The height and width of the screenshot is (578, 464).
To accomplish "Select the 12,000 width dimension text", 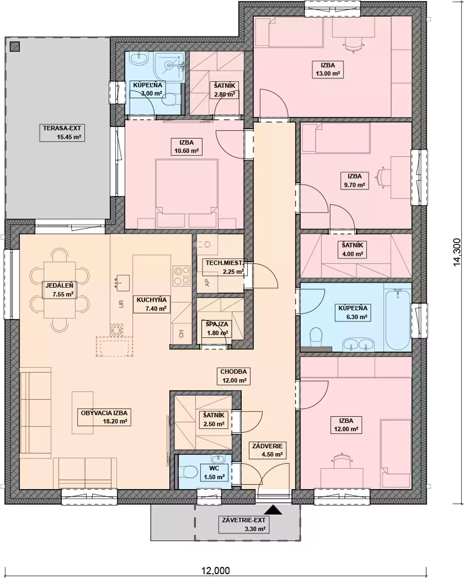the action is point(215,570).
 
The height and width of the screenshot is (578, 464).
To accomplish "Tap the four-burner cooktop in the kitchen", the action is point(182,276).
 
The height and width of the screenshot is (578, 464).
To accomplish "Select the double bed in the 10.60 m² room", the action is point(186,193).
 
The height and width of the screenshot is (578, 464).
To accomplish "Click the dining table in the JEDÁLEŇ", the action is point(59,290).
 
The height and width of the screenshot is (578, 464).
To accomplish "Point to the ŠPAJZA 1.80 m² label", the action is point(217,328).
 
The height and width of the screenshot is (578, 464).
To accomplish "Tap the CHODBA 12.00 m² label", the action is point(233,376).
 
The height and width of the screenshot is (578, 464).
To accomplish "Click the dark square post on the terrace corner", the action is point(15,47).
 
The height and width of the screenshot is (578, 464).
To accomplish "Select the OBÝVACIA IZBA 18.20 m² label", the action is point(104,417).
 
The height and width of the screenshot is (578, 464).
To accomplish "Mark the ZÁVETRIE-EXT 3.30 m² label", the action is point(244,524).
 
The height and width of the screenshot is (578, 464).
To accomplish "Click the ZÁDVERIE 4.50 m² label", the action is point(267,450).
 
